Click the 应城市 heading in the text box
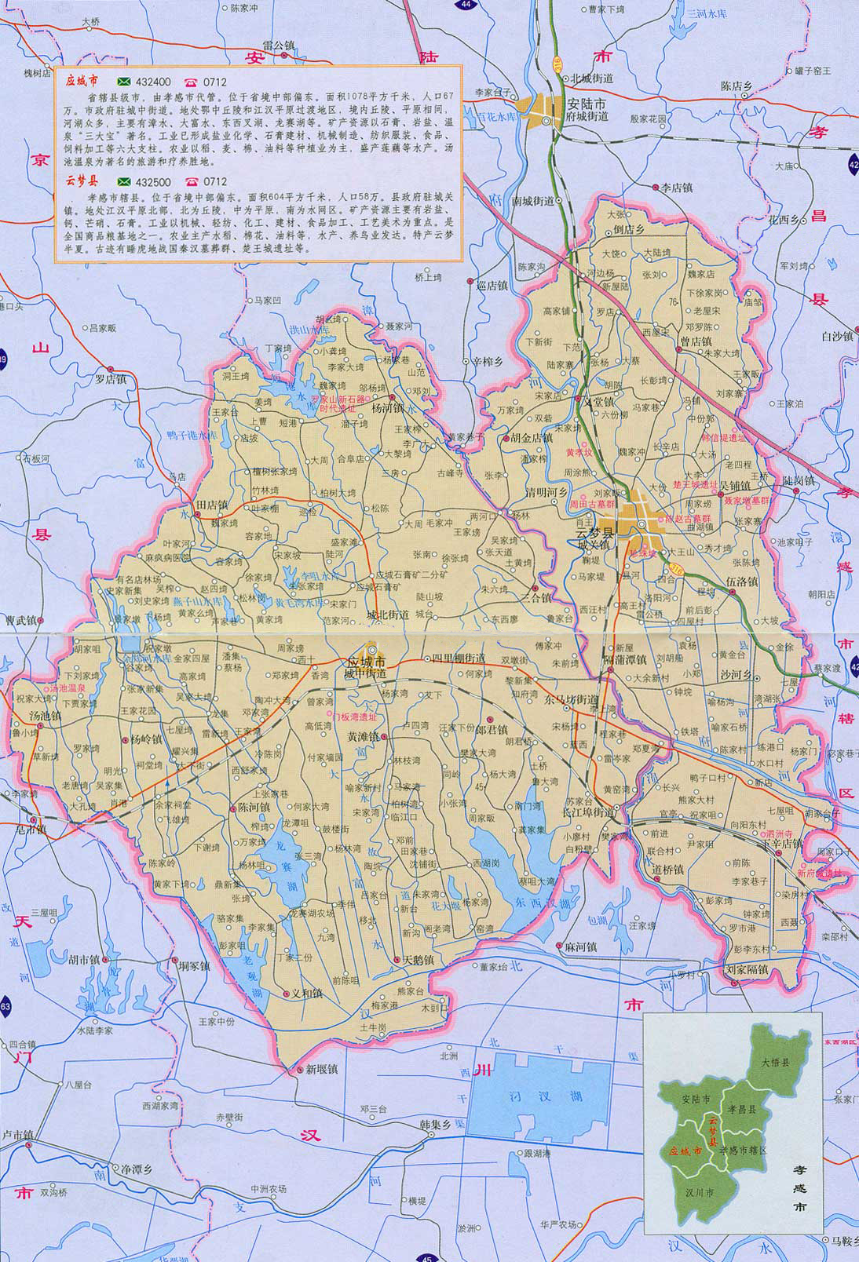point(82,81)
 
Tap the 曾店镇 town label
point(695,341)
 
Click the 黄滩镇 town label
point(363,737)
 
